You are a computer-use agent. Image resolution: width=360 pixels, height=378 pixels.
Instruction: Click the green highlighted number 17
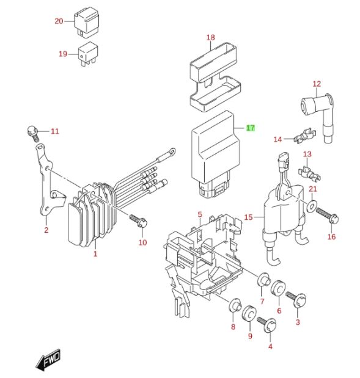[250, 128]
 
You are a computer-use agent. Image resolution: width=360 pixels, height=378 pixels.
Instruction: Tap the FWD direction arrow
[48, 359]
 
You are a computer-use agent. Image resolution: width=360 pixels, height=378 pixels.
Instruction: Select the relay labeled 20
[86, 22]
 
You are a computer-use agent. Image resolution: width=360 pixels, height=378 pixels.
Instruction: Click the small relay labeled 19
[88, 54]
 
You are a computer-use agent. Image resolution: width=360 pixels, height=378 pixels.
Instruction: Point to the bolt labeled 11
[32, 133]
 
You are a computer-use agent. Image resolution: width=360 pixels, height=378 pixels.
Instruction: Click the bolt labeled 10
[139, 221]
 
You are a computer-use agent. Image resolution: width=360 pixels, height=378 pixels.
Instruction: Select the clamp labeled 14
[305, 135]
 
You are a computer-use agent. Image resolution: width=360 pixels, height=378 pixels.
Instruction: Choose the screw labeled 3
[296, 299]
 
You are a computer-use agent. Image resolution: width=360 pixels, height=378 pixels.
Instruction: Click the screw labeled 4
[267, 324]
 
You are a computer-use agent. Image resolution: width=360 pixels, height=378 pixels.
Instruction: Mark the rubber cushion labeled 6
[278, 288]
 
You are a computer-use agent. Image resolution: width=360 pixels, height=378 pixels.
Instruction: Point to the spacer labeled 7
[263, 280]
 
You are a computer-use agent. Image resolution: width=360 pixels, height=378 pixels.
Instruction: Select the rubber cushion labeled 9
[249, 313]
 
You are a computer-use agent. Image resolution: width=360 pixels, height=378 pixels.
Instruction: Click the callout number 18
[211, 37]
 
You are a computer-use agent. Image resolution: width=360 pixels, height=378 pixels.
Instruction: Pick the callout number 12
[317, 84]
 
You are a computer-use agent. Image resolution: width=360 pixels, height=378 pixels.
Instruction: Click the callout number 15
[249, 217]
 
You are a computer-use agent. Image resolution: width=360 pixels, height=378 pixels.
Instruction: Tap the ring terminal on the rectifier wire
[172, 151]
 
